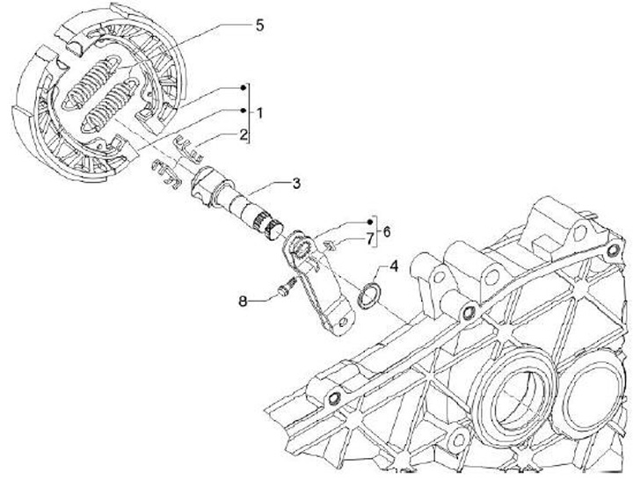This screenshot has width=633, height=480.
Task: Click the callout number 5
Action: tap(259, 25)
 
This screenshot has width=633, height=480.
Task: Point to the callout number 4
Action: tap(394, 265)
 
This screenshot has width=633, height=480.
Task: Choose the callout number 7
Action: tap(370, 237)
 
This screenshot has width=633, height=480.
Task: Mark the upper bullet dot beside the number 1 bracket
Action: tap(245, 90)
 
